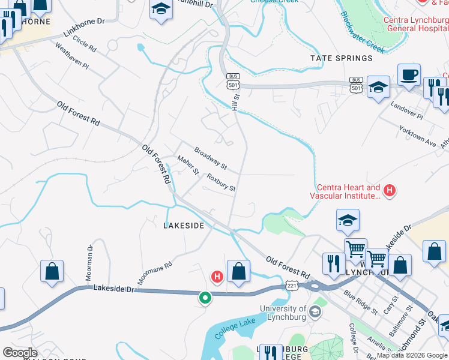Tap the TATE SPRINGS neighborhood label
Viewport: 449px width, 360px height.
[341, 58]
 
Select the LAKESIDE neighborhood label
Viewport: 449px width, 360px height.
[184, 226]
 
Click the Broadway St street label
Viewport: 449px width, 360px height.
[210, 158]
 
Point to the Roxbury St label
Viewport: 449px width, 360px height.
[221, 182]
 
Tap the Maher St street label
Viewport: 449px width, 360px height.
[188, 165]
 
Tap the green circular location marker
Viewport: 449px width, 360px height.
[205, 297]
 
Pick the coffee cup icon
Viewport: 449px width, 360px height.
[409, 75]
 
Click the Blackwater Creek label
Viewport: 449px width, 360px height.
[362, 31]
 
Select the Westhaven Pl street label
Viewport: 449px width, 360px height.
[71, 55]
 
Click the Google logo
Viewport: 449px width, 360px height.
[19, 352]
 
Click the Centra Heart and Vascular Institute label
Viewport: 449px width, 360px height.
[345, 191]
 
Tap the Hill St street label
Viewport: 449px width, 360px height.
[236, 95]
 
